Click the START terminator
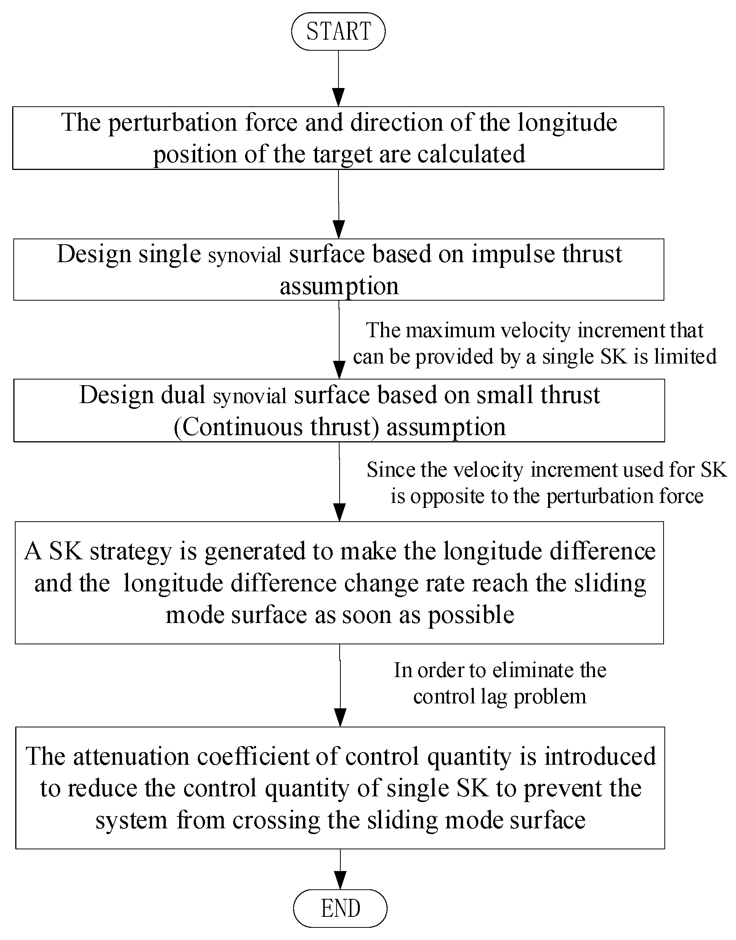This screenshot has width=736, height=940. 338,32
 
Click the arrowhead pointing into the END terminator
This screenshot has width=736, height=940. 340,880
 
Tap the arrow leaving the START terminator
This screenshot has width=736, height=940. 339,78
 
